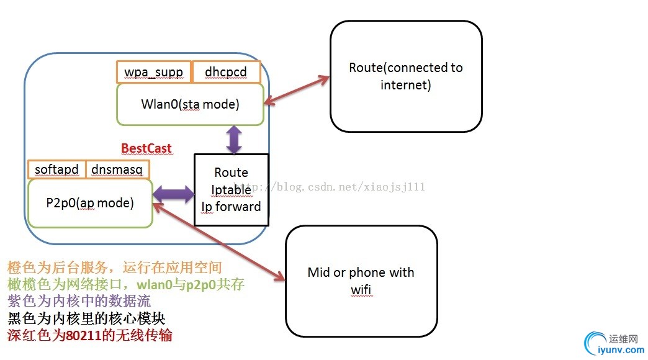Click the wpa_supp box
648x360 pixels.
pyautogui.click(x=154, y=72)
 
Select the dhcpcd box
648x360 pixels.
pyautogui.click(x=226, y=72)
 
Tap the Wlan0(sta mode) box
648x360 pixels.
pyautogui.click(x=190, y=104)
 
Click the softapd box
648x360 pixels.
pyautogui.click(x=56, y=169)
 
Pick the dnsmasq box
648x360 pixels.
pyautogui.click(x=117, y=169)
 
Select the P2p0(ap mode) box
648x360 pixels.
pyautogui.click(x=90, y=203)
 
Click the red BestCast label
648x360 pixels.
pyautogui.click(x=146, y=148)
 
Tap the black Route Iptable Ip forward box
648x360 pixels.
pyautogui.click(x=231, y=189)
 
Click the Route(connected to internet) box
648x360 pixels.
pyautogui.click(x=406, y=76)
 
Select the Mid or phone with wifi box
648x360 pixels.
pyautogui.click(x=361, y=281)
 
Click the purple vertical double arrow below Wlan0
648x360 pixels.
pyautogui.click(x=234, y=140)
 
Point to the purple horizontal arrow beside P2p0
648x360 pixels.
pyautogui.click(x=173, y=194)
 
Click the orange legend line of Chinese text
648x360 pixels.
pyautogui.click(x=114, y=268)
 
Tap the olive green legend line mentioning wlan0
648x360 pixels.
pyautogui.click(x=126, y=284)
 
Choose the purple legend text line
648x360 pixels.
pyautogui.click(x=79, y=301)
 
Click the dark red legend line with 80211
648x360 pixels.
pyautogui.click(x=90, y=335)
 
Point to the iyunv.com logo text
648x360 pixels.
pyautogui.click(x=619, y=350)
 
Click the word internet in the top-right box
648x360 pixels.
pyautogui.click(x=405, y=84)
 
